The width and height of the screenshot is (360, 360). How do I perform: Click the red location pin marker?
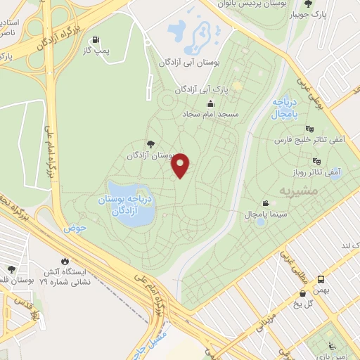pyautogui.click(x=181, y=165)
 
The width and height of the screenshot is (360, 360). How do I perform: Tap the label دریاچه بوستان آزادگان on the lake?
pyautogui.click(x=129, y=205)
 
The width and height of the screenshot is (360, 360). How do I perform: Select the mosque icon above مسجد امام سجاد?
pyautogui.click(x=210, y=104)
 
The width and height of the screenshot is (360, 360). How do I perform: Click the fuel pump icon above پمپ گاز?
pyautogui.click(x=95, y=40)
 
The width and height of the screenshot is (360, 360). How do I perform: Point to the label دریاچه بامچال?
pyautogui.click(x=285, y=108)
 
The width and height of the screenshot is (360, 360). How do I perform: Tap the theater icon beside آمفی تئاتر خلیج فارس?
pyautogui.click(x=310, y=129)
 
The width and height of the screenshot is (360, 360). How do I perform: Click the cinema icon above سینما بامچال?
pyautogui.click(x=265, y=201)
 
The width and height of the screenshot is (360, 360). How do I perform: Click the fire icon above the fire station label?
pyautogui.click(x=66, y=259)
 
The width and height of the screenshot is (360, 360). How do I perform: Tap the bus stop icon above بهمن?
pyautogui.click(x=321, y=278)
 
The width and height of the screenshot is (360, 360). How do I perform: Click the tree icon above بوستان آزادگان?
pyautogui.click(x=153, y=143)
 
